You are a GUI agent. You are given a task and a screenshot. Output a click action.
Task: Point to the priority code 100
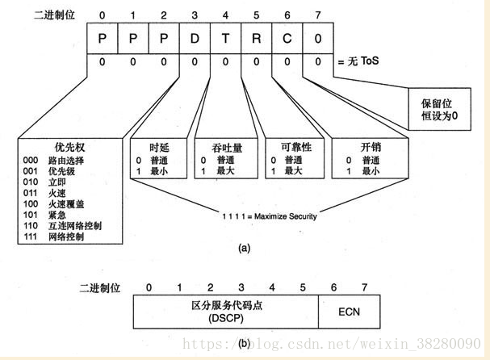point(31,203)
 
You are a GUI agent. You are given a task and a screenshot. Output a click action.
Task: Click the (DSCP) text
point(225,320)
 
